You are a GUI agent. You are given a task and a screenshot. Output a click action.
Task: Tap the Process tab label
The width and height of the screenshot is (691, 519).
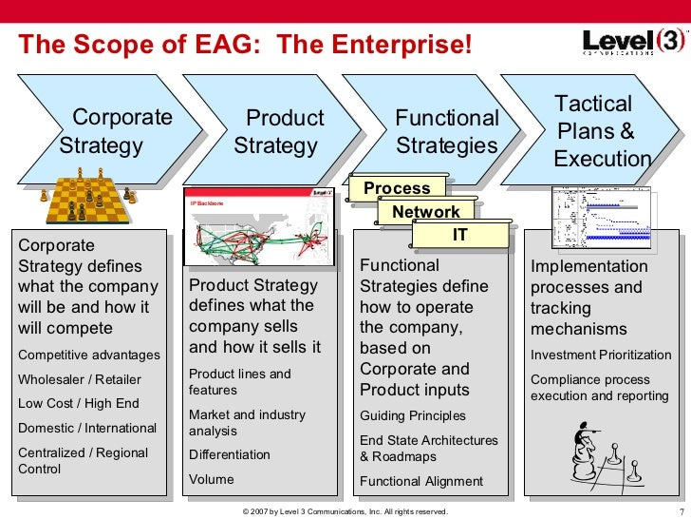pyautogui.click(x=397, y=188)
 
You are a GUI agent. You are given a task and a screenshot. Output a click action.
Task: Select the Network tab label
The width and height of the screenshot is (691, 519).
pyautogui.click(x=426, y=212)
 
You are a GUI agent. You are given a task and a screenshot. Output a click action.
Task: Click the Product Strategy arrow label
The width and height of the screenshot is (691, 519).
pyautogui.click(x=279, y=132)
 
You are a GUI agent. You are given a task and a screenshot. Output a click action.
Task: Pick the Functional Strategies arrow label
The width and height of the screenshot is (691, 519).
pyautogui.click(x=446, y=132)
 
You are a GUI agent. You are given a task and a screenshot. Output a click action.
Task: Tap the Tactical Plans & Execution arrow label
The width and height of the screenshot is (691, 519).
pyautogui.click(x=602, y=131)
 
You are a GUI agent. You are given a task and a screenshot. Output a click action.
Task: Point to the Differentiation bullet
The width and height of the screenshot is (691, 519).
pyautogui.click(x=229, y=454)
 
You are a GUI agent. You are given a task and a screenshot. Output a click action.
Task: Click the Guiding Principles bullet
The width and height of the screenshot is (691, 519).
pyautogui.click(x=412, y=415)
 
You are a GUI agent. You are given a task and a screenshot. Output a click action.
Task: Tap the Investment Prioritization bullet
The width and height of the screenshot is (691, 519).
pyautogui.click(x=600, y=356)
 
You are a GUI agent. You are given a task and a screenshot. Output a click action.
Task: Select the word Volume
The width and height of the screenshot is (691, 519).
pyautogui.click(x=211, y=479)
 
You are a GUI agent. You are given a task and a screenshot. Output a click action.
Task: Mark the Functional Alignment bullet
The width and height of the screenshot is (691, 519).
pyautogui.click(x=420, y=481)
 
